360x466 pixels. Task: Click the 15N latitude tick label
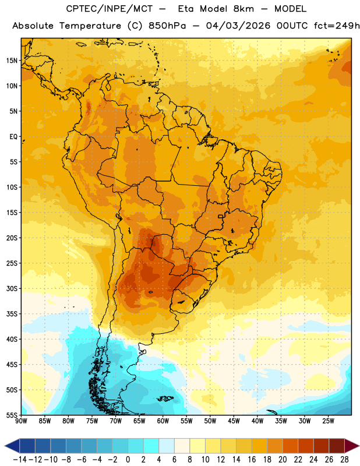(x=12, y=61)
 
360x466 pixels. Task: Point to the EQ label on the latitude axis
(x=13, y=137)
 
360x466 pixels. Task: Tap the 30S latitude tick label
(x=12, y=288)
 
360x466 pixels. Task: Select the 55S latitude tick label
(x=12, y=415)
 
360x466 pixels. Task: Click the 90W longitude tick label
(x=21, y=421)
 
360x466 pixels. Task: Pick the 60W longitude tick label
(x=163, y=421)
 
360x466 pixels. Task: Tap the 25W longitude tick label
(x=328, y=421)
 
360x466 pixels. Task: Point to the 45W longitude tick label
(x=234, y=421)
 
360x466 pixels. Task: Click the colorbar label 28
(x=344, y=460)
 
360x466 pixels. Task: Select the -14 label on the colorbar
(x=20, y=460)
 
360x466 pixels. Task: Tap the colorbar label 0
(x=128, y=460)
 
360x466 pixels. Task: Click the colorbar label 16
(x=252, y=460)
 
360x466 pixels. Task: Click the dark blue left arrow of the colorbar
(x=12, y=446)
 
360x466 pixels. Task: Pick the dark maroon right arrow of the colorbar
(x=352, y=446)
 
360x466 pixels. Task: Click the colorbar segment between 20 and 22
(x=291, y=446)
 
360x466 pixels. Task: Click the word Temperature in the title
(x=90, y=26)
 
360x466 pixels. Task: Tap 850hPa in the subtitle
(x=167, y=26)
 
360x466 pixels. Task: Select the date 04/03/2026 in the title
(x=238, y=26)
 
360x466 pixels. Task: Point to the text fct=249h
(x=337, y=26)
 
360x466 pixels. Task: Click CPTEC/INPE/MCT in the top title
(x=110, y=9)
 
